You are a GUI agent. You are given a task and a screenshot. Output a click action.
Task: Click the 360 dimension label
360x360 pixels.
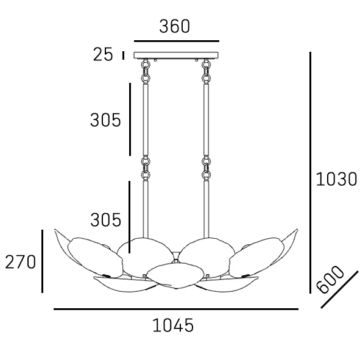174,26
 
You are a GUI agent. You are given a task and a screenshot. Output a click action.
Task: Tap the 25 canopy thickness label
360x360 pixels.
103,55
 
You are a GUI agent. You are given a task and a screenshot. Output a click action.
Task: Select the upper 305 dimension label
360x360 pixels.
105,120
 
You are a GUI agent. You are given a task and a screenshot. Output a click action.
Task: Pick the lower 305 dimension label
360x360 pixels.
105,220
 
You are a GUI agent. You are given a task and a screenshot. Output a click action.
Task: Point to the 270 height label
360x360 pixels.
21,262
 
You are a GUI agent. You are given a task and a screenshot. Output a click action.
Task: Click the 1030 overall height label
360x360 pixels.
336,179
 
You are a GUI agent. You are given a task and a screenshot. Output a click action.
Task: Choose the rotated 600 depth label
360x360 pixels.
330,280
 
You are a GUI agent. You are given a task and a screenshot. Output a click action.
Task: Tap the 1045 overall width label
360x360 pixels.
173,325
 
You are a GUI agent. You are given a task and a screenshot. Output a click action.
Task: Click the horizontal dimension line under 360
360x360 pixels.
177,41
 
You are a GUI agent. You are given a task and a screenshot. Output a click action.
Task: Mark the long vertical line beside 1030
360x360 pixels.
310,172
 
